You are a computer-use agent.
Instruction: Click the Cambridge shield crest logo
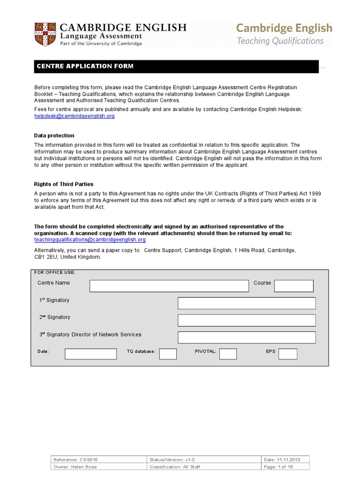[45, 34]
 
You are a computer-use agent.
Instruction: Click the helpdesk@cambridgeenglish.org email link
[74, 116]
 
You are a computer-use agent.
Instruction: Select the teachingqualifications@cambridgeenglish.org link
[90, 240]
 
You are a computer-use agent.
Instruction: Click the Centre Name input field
[169, 286]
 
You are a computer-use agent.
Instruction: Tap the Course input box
[293, 286]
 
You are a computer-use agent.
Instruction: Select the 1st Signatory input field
[247, 303]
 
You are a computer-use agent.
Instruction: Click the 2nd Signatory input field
[247, 320]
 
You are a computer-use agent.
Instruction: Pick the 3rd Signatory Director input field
[247, 337]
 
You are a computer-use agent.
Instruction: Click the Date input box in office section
[90, 354]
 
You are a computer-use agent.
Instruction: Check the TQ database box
[168, 354]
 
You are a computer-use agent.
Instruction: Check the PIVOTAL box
[228, 354]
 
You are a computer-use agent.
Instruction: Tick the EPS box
[288, 354]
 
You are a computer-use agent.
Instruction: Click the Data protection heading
[54, 135]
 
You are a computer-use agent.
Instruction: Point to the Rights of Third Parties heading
[64, 184]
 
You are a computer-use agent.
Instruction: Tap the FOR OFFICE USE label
[55, 272]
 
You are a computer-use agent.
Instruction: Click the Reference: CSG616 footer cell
[75, 460]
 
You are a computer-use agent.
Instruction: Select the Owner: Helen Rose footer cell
[75, 467]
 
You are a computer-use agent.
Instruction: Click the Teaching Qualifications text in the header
[280, 41]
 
